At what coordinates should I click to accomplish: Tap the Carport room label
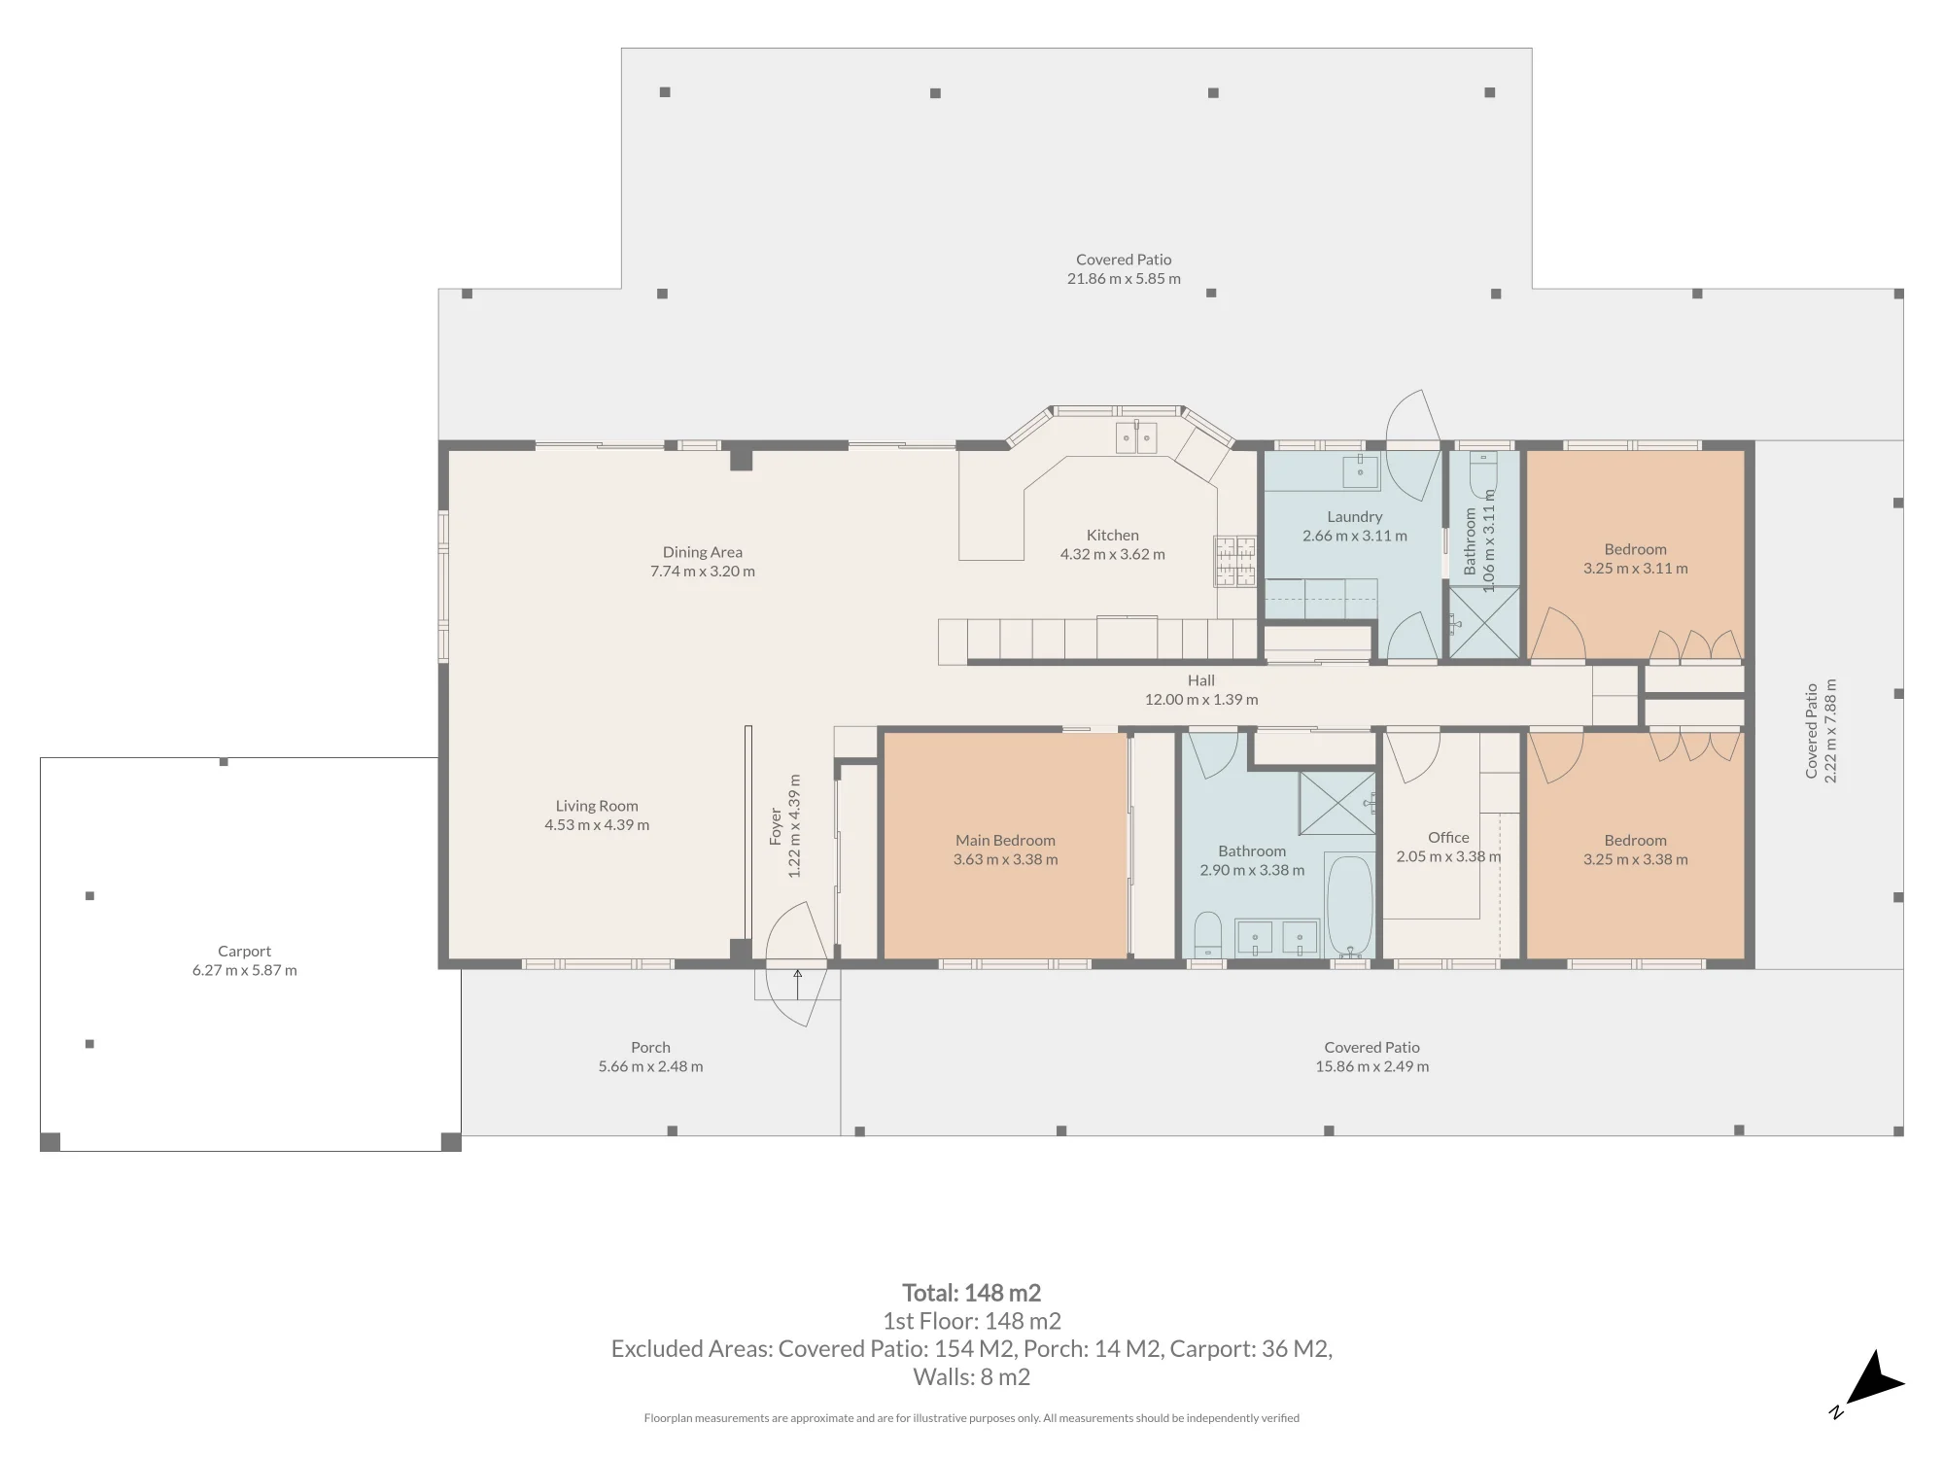coord(244,952)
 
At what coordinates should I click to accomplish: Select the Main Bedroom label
coord(1005,841)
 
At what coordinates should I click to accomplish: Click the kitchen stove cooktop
coord(1235,561)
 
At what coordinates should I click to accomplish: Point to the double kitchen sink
coord(1136,437)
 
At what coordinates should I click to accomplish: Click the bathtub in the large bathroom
coord(1349,905)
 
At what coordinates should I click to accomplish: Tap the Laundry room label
coord(1354,517)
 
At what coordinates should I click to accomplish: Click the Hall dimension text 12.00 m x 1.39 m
coord(1201,700)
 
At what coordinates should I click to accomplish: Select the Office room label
coord(1448,838)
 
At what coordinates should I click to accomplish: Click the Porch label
coord(650,1048)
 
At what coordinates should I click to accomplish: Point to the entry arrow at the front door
coord(798,984)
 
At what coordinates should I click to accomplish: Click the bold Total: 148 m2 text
coord(971,1293)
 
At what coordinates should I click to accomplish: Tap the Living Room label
coord(597,806)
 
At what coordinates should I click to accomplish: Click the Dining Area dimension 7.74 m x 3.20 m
coord(703,572)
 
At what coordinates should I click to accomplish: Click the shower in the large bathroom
coord(1337,803)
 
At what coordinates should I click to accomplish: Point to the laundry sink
coord(1360,471)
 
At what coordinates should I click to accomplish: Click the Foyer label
coord(776,826)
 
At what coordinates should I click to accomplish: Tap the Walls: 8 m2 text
coord(971,1377)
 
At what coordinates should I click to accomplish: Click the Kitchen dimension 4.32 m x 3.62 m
coord(1112,555)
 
